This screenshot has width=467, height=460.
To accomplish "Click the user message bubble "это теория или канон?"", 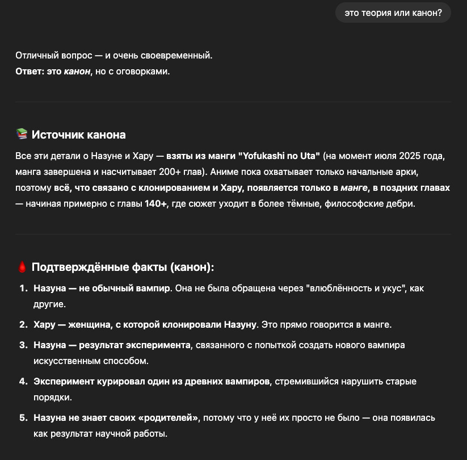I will coord(393,12).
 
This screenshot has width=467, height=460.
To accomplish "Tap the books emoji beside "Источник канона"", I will coord(22,135).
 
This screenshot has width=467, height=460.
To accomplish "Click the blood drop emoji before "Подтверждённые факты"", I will coord(22,267).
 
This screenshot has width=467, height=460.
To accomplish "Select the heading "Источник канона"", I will coord(78,135).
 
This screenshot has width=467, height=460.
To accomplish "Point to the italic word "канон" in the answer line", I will coord(77,72).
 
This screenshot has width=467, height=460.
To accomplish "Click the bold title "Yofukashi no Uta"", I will coord(281,156).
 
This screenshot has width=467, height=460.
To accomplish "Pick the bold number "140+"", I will coord(157,203).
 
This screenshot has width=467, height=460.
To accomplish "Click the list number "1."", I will coord(23,288).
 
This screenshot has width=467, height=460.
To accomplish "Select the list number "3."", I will coord(23,345).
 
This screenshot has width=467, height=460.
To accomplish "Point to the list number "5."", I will coord(23,418).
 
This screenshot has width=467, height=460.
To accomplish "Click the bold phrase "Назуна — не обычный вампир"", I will coord(102,288).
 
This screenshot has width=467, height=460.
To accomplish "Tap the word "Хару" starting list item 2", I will coord(44,325).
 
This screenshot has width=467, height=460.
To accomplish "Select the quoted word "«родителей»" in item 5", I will coord(168,418).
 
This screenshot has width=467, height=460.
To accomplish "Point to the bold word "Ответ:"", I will coord(30,72).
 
